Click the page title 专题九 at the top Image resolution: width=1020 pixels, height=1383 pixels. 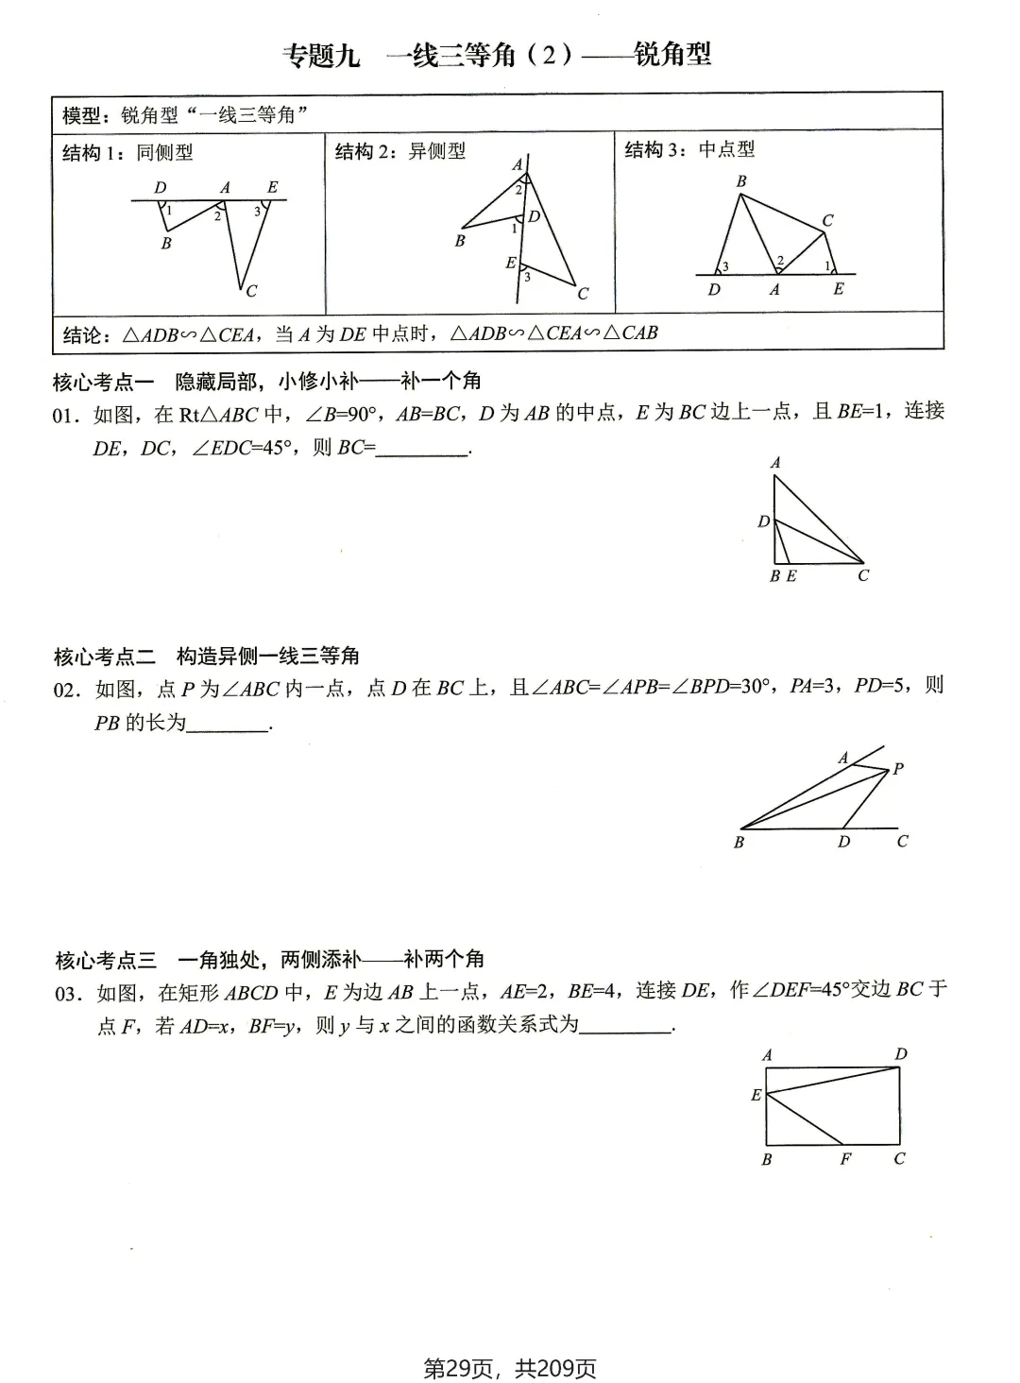(322, 56)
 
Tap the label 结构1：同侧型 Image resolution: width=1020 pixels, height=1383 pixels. (127, 152)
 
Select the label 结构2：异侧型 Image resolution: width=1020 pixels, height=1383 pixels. (400, 151)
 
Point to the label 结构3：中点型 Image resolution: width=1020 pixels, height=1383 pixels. (689, 149)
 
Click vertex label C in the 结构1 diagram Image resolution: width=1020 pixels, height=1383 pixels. (251, 291)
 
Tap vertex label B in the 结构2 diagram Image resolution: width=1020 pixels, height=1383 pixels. (460, 241)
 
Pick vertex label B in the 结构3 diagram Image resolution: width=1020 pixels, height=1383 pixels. (741, 180)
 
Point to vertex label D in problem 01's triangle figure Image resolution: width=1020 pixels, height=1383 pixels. (764, 521)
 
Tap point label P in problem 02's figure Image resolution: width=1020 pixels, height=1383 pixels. (898, 769)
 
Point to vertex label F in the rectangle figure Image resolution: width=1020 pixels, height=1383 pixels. (845, 1158)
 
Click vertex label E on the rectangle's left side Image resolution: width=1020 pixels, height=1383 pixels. (756, 1095)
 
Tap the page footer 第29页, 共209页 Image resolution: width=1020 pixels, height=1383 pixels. (510, 1368)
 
